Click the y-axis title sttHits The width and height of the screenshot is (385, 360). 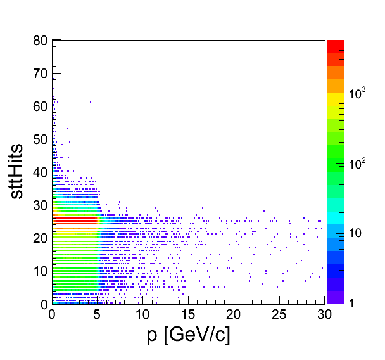point(19,170)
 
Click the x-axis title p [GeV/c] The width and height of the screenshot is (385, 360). point(188,335)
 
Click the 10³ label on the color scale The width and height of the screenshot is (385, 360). point(358,94)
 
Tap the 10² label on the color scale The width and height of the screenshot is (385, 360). point(358,164)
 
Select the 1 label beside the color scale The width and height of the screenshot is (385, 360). point(352,304)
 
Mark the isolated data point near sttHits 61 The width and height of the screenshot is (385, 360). point(90,101)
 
